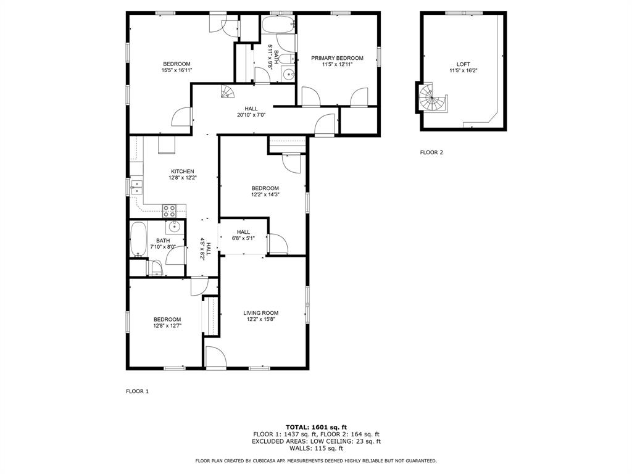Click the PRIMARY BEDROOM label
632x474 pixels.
tap(337, 58)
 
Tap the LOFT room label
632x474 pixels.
tap(463, 64)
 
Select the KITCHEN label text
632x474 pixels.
tap(183, 172)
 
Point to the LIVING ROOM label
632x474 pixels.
tap(260, 313)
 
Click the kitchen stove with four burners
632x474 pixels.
tap(170, 210)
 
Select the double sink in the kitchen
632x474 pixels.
tap(135, 187)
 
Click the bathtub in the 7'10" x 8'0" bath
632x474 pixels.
tap(138, 239)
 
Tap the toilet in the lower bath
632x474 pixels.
tap(154, 267)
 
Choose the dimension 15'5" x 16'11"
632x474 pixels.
tap(177, 70)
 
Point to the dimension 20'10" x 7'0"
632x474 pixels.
tap(251, 115)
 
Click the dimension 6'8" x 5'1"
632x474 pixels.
tap(243, 238)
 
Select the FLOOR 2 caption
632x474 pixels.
tap(431, 152)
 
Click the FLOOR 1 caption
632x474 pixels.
tap(137, 391)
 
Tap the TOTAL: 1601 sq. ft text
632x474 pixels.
tap(316, 427)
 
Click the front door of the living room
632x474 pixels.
tap(215, 357)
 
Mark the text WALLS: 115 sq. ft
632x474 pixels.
tap(316, 449)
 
